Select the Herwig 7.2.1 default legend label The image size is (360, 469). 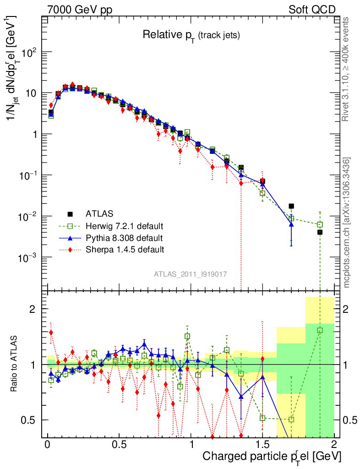pos(124,226)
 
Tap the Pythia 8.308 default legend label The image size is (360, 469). pos(124,238)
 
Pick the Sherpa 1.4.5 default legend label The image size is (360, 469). pos(125,250)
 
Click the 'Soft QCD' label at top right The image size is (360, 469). pos(312,10)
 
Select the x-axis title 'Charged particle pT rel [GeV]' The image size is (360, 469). pos(272,456)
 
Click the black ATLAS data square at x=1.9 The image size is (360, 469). pos(320,232)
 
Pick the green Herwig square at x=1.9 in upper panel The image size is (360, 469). pos(320,224)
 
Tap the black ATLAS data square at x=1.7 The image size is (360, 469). pos(291,206)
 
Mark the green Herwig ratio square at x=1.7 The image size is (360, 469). pos(291,420)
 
